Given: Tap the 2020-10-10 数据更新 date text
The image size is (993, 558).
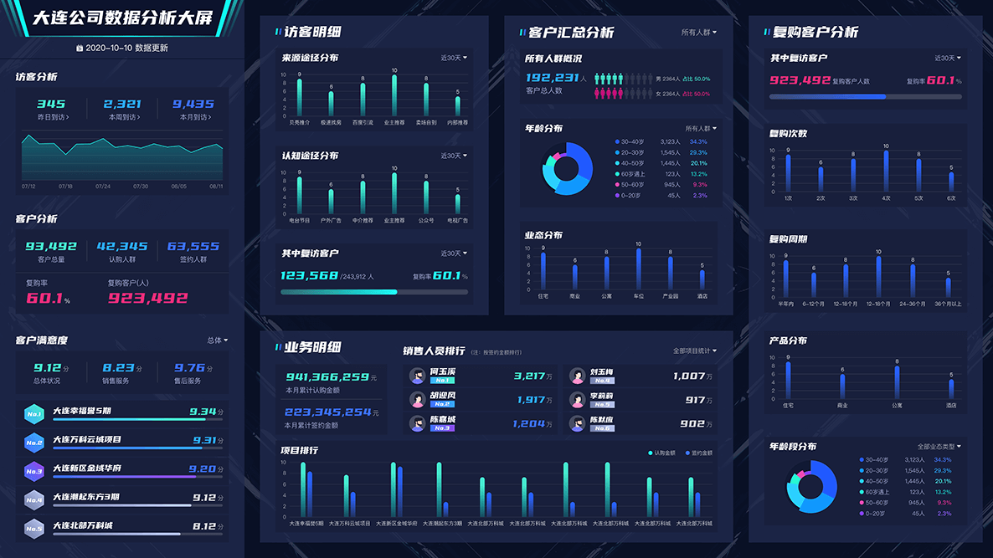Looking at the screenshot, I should [126, 49].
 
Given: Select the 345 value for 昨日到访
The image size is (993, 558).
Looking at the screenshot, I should [52, 105].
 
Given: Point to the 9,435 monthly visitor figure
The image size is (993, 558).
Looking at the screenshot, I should [193, 105].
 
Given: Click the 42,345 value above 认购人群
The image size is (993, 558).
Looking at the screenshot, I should [122, 247].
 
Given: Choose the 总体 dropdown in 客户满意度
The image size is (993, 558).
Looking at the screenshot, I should [218, 340].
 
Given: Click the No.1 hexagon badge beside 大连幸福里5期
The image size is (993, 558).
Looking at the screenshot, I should [34, 413].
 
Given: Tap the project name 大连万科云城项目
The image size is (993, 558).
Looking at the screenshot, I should [87, 439].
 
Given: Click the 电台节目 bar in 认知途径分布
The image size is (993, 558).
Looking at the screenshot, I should [299, 195].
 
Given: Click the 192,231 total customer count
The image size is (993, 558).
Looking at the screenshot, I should [552, 78].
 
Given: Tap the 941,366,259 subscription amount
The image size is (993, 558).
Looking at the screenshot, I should [327, 377].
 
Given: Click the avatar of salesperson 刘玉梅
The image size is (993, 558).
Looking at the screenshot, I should [576, 376].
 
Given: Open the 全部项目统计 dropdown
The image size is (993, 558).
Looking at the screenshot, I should [695, 351].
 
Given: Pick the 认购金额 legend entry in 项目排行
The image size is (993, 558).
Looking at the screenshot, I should [662, 453].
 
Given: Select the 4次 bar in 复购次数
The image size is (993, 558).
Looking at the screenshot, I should [886, 171].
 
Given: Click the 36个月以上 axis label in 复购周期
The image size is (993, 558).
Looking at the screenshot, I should [949, 304].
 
